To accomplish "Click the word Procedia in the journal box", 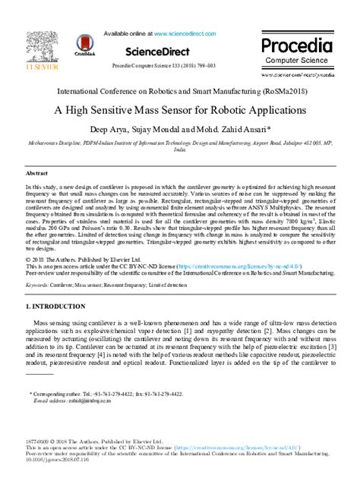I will [297, 45].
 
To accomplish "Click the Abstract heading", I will [37, 173].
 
